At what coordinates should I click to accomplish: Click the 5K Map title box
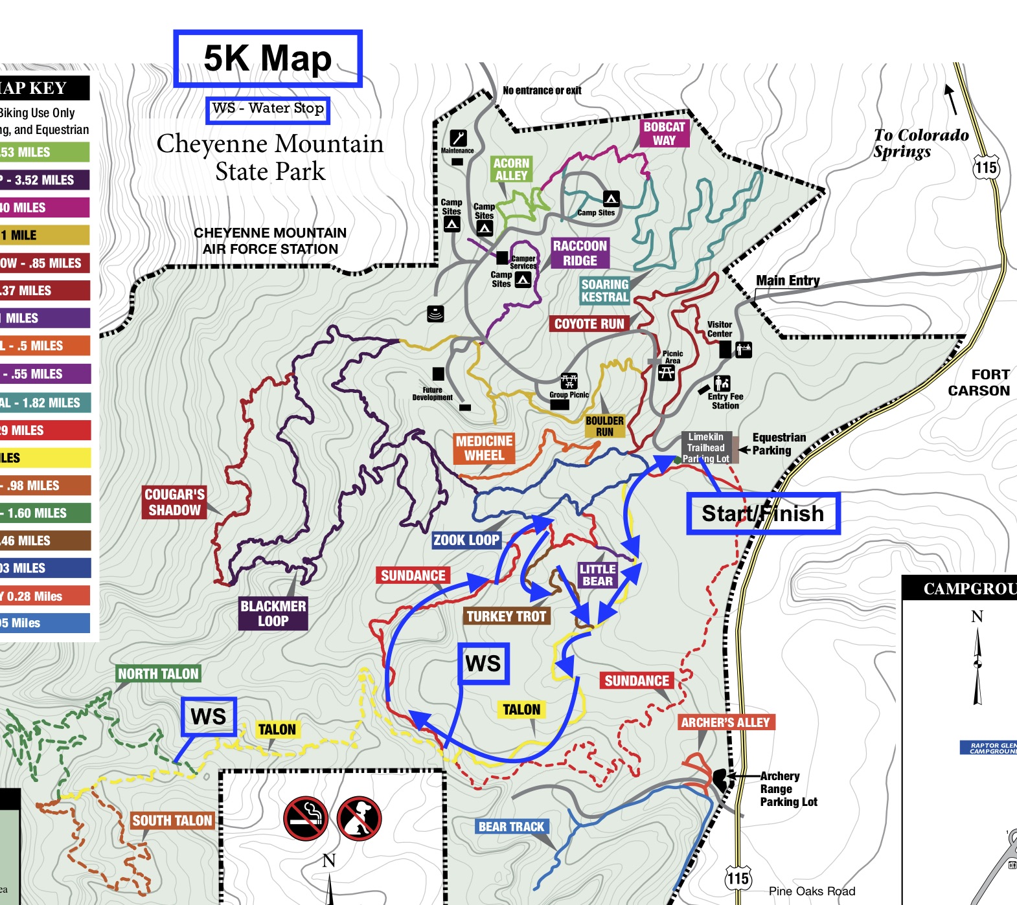(268, 58)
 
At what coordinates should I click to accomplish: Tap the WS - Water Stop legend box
(268, 109)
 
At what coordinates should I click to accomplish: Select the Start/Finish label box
(763, 513)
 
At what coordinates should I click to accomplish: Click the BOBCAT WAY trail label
(664, 133)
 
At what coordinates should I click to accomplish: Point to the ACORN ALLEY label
(512, 169)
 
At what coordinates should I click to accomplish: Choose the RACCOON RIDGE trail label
(580, 253)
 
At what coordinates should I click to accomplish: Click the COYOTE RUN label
(589, 324)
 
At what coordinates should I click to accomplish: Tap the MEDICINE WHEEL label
(485, 448)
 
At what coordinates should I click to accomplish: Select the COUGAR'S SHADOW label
(174, 502)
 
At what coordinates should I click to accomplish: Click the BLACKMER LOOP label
(273, 613)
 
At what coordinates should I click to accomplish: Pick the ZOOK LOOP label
(466, 540)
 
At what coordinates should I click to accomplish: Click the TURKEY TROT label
(507, 616)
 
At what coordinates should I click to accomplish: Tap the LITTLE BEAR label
(597, 575)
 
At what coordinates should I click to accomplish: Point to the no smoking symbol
(305, 818)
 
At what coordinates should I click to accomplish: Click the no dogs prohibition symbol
(359, 818)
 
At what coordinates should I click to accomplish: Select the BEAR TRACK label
(511, 827)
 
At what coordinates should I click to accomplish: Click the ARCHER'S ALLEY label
(725, 722)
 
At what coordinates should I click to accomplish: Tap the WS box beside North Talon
(209, 717)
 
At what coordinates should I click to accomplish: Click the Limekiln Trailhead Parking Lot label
(707, 447)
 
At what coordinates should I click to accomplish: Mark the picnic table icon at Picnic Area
(667, 372)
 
